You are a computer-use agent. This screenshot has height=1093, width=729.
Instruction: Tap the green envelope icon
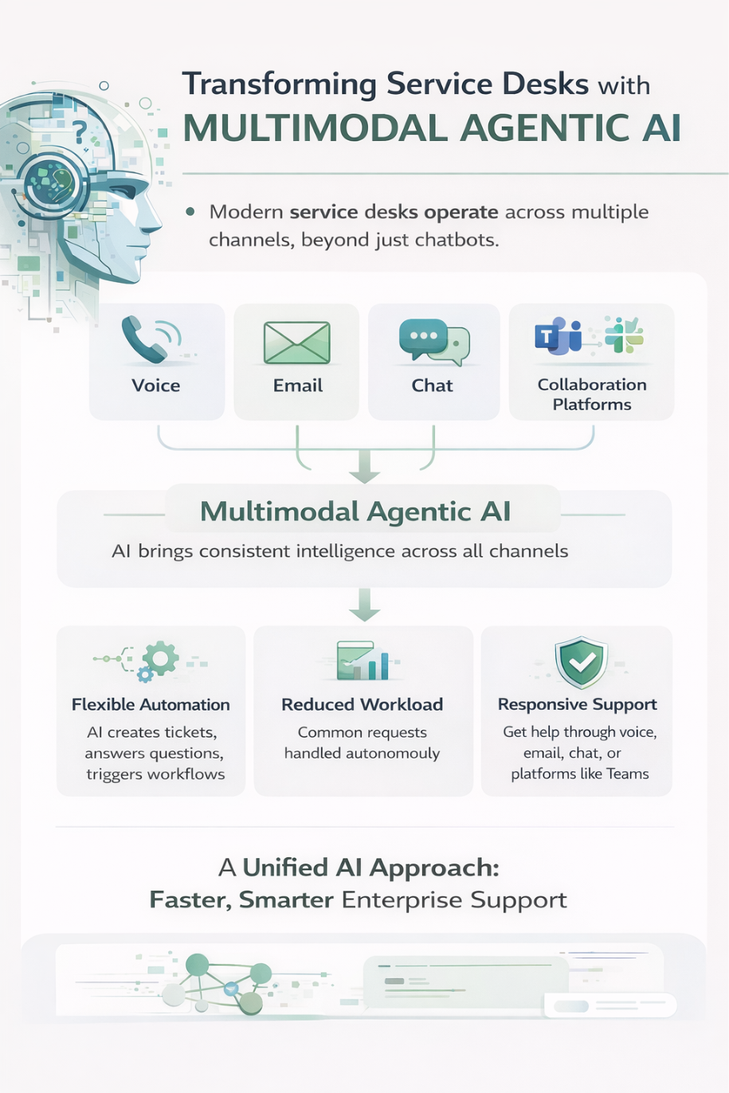coord(296,343)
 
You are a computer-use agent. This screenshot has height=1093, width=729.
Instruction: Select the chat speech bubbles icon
coord(433,341)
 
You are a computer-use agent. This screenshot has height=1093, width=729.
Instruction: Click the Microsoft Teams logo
coord(559,336)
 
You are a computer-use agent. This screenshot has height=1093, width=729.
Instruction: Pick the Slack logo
coord(624,335)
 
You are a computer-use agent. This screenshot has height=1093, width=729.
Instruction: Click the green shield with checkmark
coord(582,661)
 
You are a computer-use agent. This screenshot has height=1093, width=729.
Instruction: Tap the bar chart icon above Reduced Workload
coord(365,661)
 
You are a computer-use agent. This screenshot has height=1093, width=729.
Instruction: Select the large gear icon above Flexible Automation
coord(161,659)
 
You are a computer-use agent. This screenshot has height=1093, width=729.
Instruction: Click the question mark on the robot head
coord(79,131)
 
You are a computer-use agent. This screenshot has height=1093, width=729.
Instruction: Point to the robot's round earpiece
coord(49,184)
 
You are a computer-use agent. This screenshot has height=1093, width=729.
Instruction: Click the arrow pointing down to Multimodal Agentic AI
coord(365,468)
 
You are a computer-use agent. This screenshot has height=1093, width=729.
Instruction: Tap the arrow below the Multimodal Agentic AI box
coord(365,605)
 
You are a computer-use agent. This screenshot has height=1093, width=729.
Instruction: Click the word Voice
coord(156,386)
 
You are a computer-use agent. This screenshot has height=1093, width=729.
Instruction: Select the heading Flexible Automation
coord(151,704)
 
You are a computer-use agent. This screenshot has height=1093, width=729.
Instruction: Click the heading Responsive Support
coord(577,704)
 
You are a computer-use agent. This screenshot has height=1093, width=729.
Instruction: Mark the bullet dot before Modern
coord(190,212)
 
